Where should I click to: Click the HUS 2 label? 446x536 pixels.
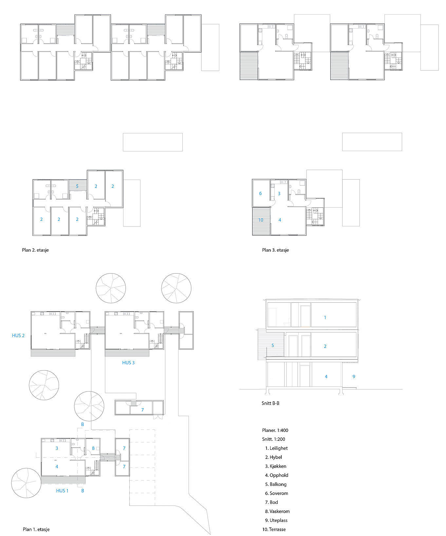click(18, 335)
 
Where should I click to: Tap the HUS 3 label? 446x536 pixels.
click(128, 363)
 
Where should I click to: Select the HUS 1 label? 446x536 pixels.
click(62, 491)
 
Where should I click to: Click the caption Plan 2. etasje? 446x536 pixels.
click(35, 250)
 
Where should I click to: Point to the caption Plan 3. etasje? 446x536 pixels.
click(275, 250)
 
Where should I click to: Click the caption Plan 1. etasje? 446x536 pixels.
click(36, 529)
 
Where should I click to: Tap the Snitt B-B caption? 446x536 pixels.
click(270, 403)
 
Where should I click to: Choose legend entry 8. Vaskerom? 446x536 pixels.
click(277, 511)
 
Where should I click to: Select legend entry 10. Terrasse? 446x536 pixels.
click(274, 529)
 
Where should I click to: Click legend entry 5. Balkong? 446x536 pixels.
click(276, 484)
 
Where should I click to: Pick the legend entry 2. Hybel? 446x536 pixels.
click(273, 457)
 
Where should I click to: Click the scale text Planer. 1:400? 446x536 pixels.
click(275, 430)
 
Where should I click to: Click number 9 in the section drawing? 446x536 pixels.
click(354, 376)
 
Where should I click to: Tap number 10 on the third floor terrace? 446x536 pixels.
click(261, 220)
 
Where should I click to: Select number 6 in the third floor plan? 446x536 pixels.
click(260, 193)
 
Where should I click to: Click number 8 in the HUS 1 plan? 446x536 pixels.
click(93, 448)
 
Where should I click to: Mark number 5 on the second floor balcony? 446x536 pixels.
click(77, 186)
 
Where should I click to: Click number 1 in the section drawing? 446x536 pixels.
click(325, 317)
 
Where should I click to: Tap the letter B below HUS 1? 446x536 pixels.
click(83, 491)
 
